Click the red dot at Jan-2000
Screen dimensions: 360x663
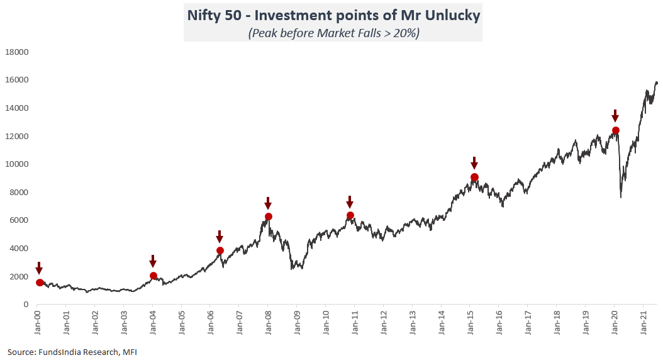40,283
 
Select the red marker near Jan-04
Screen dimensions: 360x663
153,276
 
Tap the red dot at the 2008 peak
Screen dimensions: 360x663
269,217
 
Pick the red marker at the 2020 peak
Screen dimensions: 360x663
615,130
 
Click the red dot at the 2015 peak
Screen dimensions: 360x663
474,177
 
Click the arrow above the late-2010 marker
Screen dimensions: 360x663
350,202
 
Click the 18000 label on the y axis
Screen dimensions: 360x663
18,52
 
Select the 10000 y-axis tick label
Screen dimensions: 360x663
18,164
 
